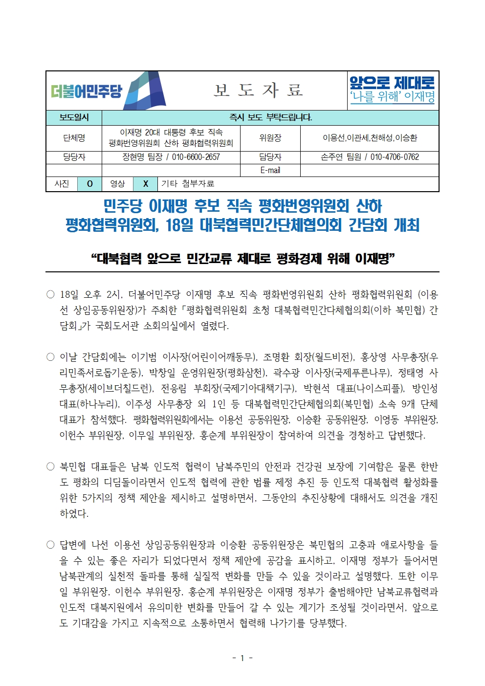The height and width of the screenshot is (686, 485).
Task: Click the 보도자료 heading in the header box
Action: point(259,90)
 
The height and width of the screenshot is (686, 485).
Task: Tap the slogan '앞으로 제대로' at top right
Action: point(392,82)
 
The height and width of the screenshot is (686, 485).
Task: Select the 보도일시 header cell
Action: point(74,118)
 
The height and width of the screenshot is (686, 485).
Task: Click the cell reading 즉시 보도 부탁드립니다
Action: point(270,118)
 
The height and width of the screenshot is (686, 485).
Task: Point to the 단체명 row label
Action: point(74,138)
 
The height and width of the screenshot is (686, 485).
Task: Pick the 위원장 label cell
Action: point(270,138)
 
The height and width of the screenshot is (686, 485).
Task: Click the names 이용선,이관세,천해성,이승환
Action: point(370,138)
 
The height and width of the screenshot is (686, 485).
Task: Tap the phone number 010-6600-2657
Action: point(196,157)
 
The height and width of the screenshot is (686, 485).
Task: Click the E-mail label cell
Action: point(270,170)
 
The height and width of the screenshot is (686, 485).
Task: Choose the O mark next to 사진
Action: point(89,184)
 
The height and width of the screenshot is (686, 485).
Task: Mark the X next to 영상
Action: point(145,184)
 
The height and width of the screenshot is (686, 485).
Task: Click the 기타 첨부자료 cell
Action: point(188,184)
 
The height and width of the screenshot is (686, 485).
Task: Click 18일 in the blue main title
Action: point(180,225)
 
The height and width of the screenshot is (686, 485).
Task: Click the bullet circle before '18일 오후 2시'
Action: point(50,294)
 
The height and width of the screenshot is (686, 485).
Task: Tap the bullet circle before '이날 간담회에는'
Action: point(50,357)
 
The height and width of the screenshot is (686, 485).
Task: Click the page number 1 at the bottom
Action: point(242,658)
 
